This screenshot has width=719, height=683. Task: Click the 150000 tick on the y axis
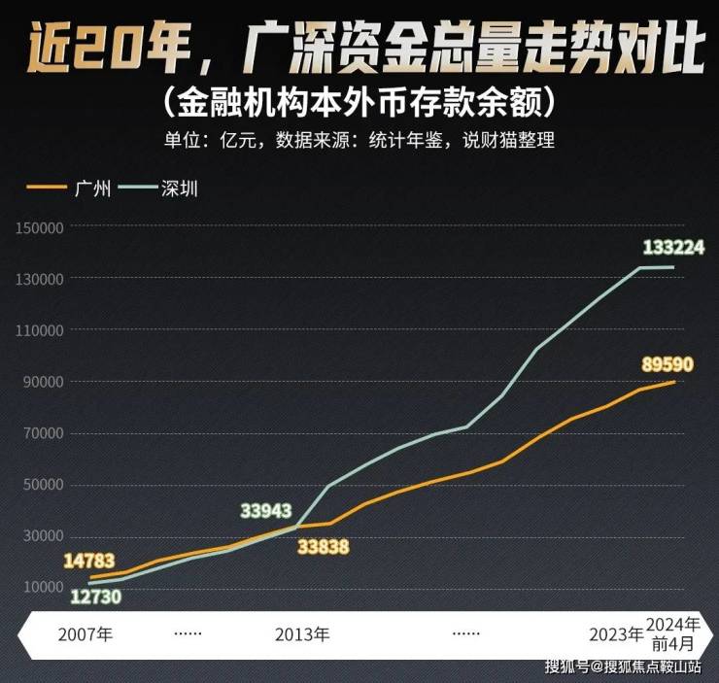[39, 227]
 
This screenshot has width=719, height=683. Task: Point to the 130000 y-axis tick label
[39, 279]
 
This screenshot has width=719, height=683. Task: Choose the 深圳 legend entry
[180, 188]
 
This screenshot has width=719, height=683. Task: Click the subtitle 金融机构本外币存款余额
[359, 100]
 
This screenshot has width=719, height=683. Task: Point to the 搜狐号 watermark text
[566, 666]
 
